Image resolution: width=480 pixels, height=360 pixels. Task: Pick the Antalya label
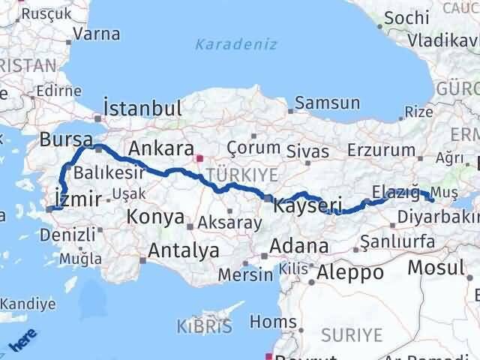184,250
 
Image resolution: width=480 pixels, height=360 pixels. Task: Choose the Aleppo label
349,273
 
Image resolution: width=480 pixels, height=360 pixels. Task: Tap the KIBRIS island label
203,327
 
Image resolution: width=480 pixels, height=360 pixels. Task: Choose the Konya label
155,217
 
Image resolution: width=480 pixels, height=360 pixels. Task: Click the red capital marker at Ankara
199,158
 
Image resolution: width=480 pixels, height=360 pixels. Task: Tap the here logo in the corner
19,344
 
